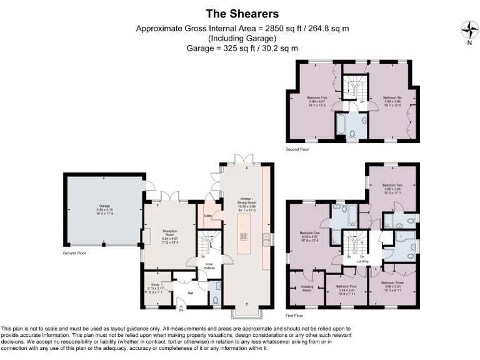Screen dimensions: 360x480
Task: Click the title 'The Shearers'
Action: click(x=239, y=13)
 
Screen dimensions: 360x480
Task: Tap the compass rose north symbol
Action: click(x=469, y=30)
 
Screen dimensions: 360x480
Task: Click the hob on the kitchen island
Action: click(x=242, y=236)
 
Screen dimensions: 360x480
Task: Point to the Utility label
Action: click(x=208, y=216)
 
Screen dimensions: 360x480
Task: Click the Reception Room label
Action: click(x=161, y=236)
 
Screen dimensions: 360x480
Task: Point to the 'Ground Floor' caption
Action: click(x=74, y=253)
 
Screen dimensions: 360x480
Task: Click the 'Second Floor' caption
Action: click(x=297, y=150)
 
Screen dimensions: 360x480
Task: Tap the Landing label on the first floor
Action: click(x=362, y=260)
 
